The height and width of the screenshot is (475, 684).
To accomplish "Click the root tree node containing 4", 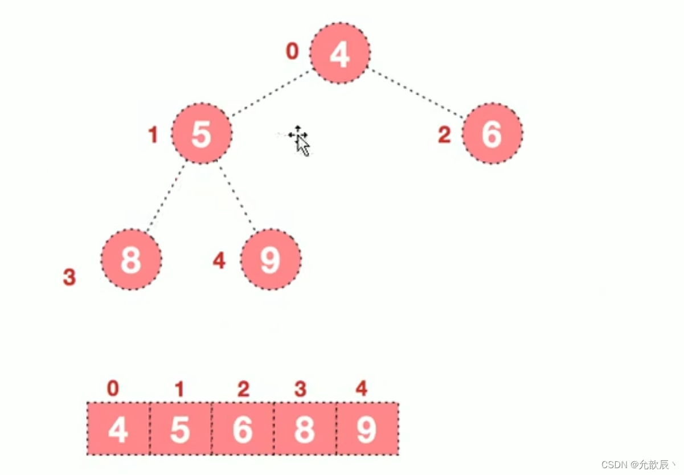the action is tap(339, 54).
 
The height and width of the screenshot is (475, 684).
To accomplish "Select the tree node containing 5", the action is tap(202, 134).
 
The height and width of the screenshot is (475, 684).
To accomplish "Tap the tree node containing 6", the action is tap(492, 134).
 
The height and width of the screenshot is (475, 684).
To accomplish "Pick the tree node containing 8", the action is tap(131, 260).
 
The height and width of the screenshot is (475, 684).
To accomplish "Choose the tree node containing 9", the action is tap(271, 260).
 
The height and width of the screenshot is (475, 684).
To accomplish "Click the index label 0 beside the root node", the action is tap(292, 52).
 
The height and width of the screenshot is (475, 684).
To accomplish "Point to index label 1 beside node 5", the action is tap(153, 136).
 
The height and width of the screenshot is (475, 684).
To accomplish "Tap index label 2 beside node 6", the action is tap(444, 135).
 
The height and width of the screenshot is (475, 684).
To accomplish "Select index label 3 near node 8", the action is tap(69, 278).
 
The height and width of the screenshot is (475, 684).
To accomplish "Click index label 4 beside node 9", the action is tap(219, 261).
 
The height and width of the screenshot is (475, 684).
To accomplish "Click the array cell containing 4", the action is tap(118, 429).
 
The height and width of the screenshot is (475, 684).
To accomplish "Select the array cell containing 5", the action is tap(180, 429).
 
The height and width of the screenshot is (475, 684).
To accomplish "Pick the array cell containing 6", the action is tap(243, 429).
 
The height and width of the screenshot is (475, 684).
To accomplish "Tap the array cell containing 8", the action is tap(305, 429).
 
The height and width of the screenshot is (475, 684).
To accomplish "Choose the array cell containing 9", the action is tap(367, 429).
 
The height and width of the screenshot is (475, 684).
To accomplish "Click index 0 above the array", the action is tap(113, 388).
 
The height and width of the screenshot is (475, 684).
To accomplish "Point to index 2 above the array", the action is tap(243, 389).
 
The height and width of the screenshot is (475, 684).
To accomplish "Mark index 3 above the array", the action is tap(300, 389).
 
